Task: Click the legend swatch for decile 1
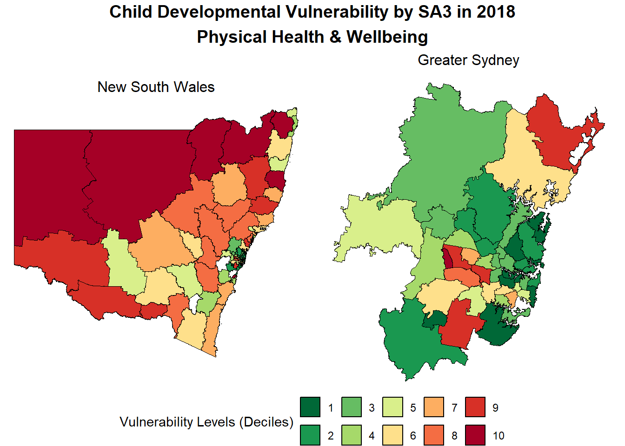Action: pos(310,407)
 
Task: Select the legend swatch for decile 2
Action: pos(310,435)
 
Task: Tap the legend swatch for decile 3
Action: pos(352,407)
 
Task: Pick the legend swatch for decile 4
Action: pos(352,435)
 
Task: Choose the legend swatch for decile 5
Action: pos(393,407)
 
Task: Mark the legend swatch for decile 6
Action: pos(393,435)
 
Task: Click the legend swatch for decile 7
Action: pos(434,407)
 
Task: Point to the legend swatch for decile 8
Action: pos(434,435)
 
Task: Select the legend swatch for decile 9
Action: pos(475,407)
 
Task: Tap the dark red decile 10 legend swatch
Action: pos(475,435)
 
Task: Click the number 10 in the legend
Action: pos(499,436)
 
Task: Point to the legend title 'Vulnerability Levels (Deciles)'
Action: pos(206,422)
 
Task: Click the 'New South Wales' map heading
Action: pos(156,87)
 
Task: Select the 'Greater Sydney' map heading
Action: pos(468,60)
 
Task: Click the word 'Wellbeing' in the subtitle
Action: pos(387,37)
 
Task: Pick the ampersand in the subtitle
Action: pos(335,37)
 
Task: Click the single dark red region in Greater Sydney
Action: pos(447,257)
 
